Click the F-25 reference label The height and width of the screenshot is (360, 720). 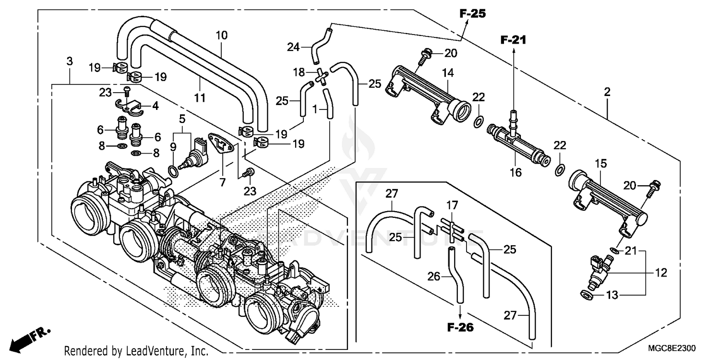tap(472, 14)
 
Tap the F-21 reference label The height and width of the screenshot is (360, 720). tap(514, 40)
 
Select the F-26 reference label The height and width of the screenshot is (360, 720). tap(460, 328)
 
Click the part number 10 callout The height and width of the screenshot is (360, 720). tap(222, 35)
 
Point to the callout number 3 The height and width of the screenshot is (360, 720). tap(70, 61)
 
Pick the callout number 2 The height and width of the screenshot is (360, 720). tap(607, 92)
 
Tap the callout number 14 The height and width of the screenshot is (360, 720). tap(448, 73)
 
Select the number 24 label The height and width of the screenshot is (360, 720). tap(294, 47)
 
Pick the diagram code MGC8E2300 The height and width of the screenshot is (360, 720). tap(672, 348)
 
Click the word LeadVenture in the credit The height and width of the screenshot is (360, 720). tap(156, 351)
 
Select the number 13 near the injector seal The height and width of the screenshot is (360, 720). tap(612, 295)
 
